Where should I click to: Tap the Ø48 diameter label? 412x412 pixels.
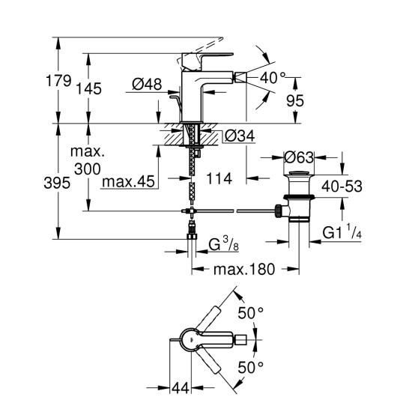coord(148,85)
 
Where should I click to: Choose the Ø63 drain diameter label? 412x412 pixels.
coord(301,157)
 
